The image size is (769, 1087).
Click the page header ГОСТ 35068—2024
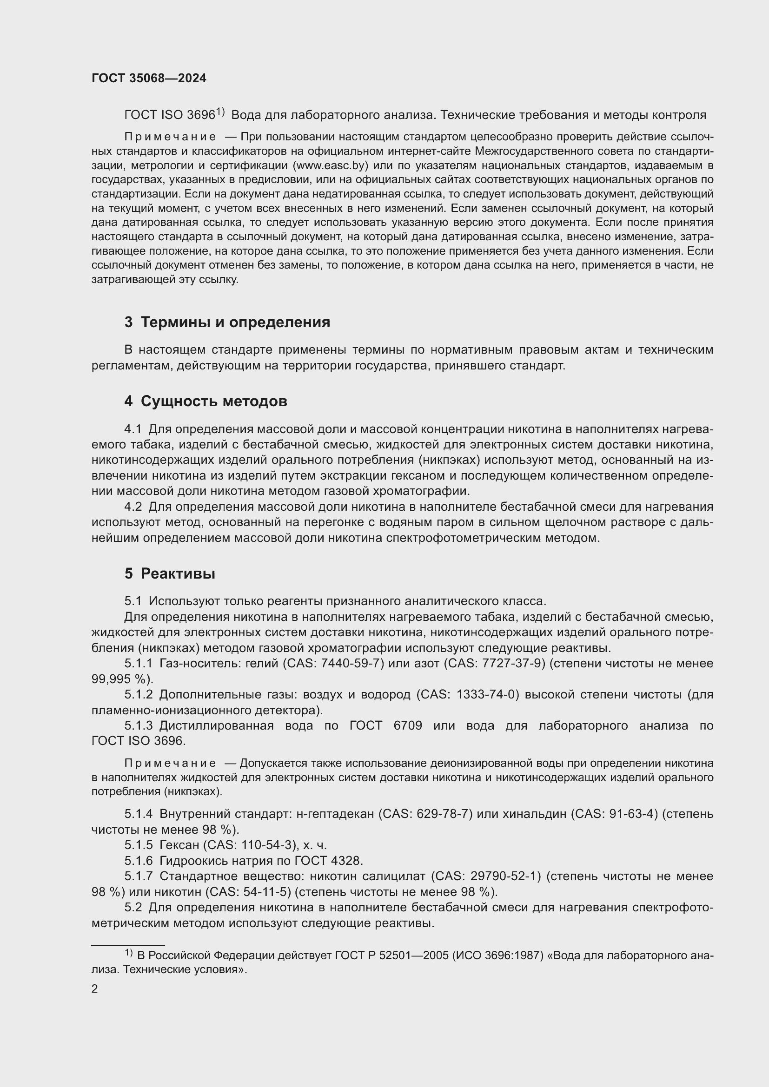click(149, 79)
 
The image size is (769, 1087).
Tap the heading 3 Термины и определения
click(227, 323)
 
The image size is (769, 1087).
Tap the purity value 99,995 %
click(119, 679)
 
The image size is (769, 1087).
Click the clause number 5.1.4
click(138, 814)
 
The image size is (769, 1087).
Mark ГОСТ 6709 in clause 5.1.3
click(385, 726)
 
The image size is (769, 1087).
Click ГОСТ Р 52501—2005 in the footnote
click(391, 955)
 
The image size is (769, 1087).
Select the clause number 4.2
click(133, 507)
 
